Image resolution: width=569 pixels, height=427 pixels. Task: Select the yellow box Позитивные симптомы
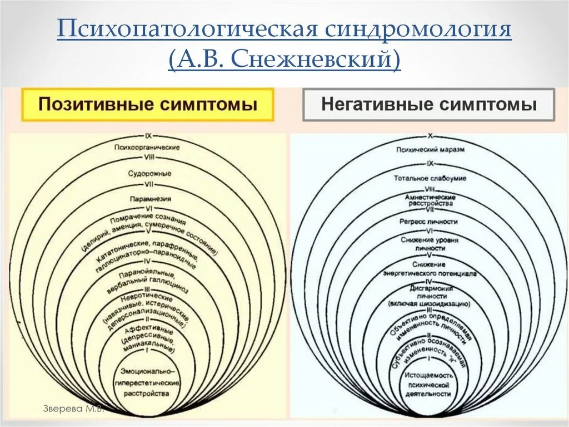[x=148, y=104]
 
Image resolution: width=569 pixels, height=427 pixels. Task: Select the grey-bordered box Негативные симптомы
[x=428, y=104]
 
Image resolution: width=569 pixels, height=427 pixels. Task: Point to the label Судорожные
[x=149, y=173]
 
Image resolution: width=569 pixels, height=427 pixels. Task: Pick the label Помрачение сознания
[x=148, y=218]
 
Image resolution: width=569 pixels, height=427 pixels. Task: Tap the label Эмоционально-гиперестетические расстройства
[x=147, y=382]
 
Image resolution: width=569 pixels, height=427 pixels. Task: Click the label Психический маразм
[x=430, y=149]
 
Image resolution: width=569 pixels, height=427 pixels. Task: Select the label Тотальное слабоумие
[x=430, y=178]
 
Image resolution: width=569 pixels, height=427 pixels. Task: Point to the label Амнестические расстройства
[x=430, y=200]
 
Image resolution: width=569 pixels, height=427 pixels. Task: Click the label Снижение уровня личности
[x=430, y=243]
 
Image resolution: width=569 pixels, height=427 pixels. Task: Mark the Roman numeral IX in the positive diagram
[x=148, y=135]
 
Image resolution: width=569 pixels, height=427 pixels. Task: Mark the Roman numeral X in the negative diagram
[x=430, y=135]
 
